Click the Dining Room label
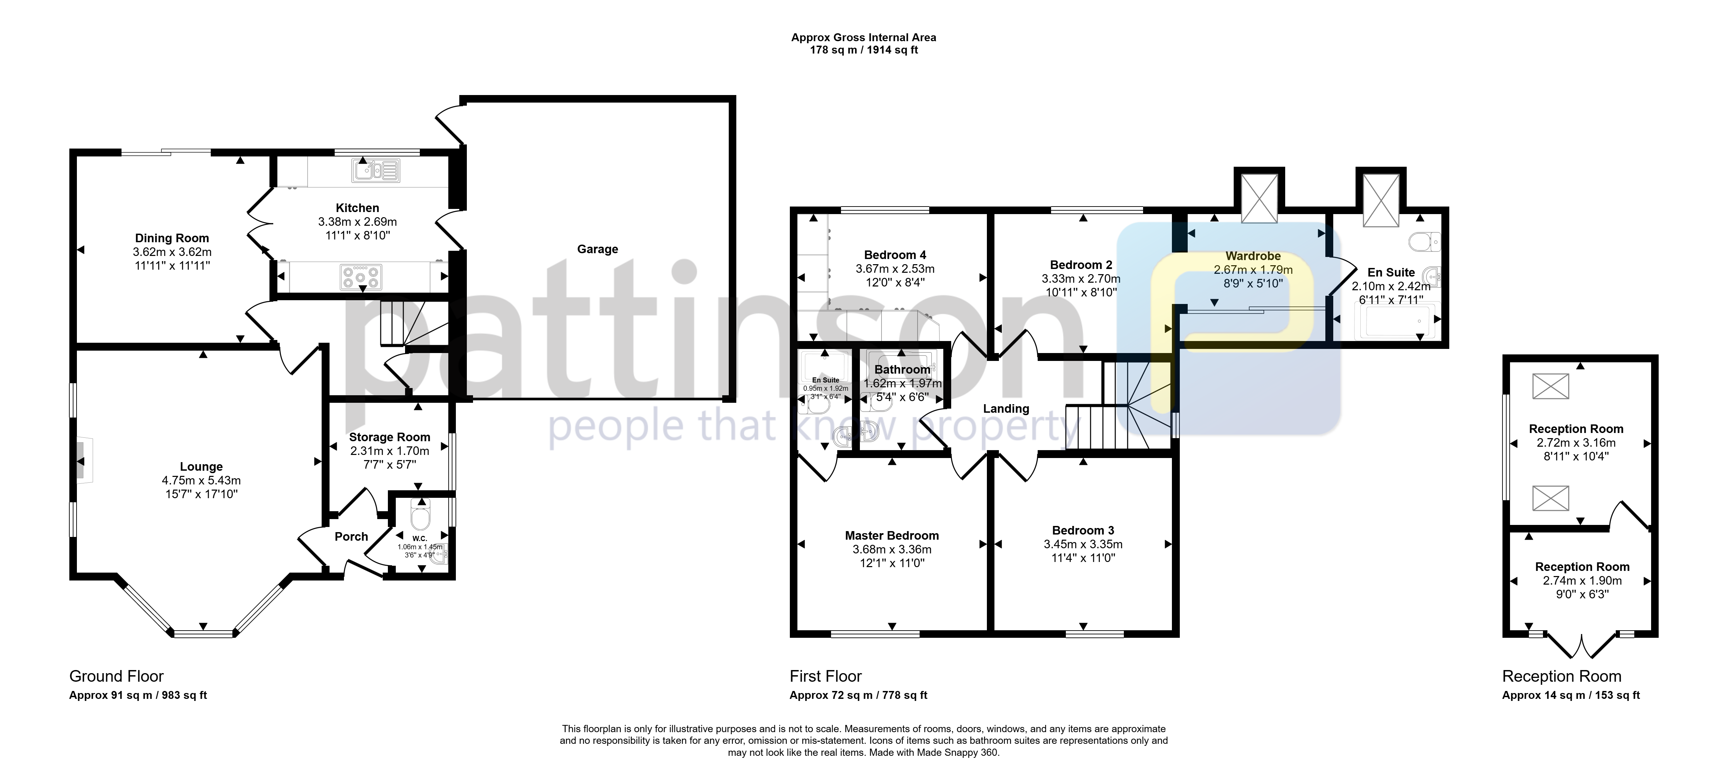tap(172, 238)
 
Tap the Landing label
tap(1005, 409)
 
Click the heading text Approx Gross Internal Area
tap(863, 37)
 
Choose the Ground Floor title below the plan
tap(117, 676)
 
